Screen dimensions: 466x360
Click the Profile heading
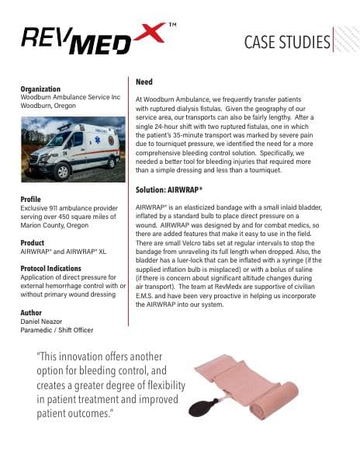pos(30,200)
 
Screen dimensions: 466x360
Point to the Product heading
pos(32,242)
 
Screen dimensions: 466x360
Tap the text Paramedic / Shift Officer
pos(57,330)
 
